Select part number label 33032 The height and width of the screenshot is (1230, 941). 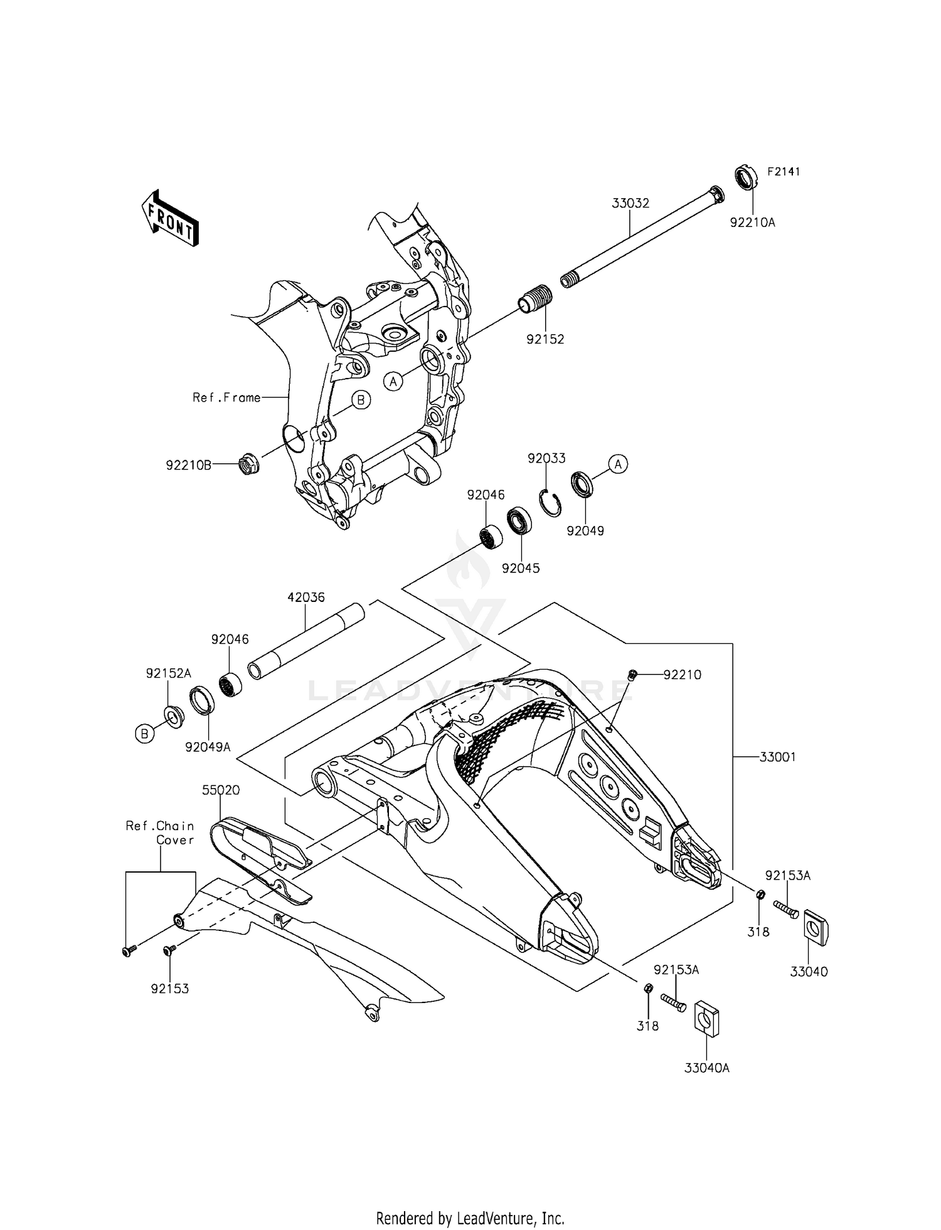click(630, 204)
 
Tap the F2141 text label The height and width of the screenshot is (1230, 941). click(784, 172)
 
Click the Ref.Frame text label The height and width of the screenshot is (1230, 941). click(226, 397)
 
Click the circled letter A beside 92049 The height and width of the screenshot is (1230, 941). click(618, 465)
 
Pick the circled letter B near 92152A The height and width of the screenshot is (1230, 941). click(145, 733)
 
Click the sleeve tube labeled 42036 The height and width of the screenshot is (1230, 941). click(307, 641)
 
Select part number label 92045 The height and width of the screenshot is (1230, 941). click(521, 569)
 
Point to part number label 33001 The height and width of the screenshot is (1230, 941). click(777, 757)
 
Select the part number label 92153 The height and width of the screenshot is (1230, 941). click(169, 989)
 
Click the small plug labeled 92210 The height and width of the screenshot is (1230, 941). click(633, 675)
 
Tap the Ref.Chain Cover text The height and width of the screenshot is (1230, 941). click(160, 833)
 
